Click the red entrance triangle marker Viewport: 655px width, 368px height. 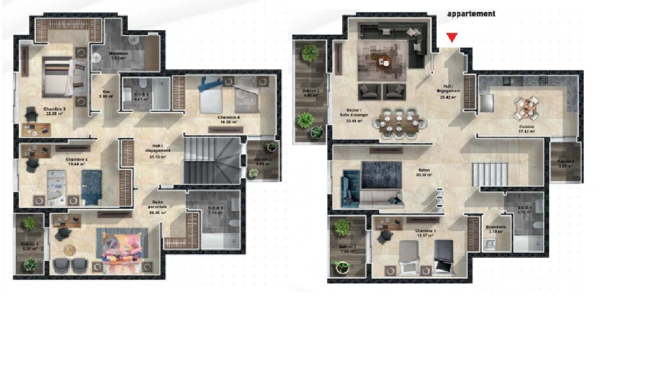pyautogui.click(x=452, y=37)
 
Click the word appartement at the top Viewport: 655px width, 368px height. pyautogui.click(x=471, y=14)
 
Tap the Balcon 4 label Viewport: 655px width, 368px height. pyautogui.click(x=30, y=245)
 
